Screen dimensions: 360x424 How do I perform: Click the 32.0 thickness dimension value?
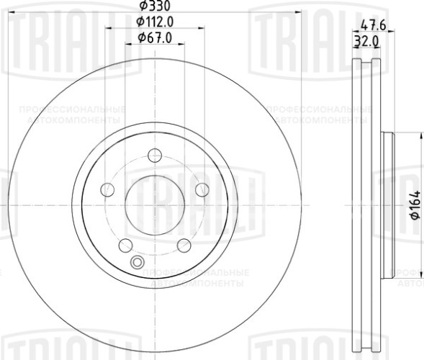pyautogui.click(x=366, y=42)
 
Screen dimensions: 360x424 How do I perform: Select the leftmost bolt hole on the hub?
pyautogui.click(x=107, y=189)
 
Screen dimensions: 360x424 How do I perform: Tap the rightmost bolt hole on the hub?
pyautogui.click(x=202, y=189)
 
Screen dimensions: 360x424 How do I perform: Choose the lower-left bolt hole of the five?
pyautogui.click(x=125, y=245)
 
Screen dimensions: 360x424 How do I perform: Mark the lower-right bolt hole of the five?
pyautogui.click(x=184, y=245)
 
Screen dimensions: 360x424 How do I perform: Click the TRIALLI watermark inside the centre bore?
pyautogui.click(x=155, y=196)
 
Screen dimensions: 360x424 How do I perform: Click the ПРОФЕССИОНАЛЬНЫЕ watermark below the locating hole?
pyautogui.click(x=197, y=273)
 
